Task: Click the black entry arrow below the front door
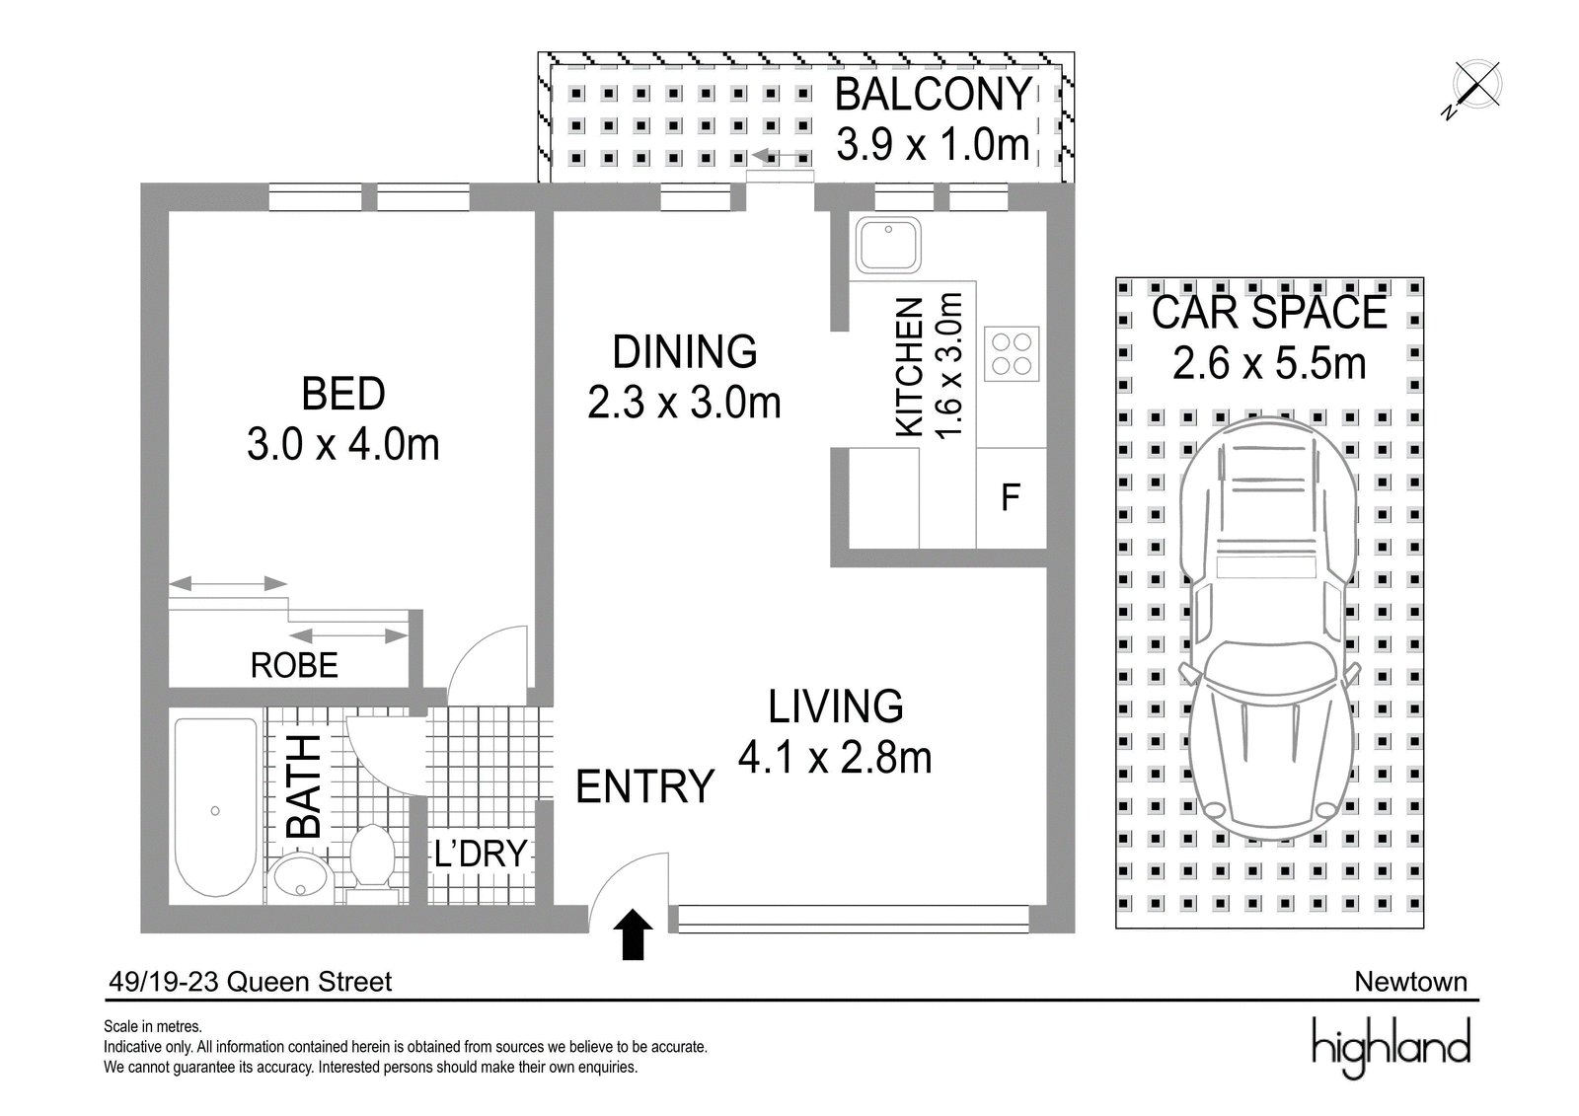coord(633,934)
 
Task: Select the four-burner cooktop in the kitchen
coord(1012,354)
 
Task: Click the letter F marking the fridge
coord(1011,497)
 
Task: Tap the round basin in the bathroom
coord(300,875)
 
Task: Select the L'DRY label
coord(481,854)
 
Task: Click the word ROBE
coord(294,665)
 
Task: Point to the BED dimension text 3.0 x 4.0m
coord(343,445)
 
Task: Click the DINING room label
coord(685,352)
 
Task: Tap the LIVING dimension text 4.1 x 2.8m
coord(835,758)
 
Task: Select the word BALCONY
coord(934,95)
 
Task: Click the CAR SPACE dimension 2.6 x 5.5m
coord(1269,364)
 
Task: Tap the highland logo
coord(1391,1049)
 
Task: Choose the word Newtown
coord(1411,982)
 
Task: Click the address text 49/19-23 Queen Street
coord(251,982)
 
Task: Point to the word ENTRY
coord(645,786)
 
